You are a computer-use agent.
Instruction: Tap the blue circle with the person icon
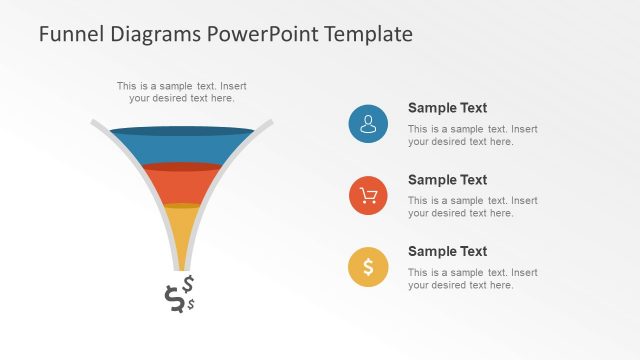[368, 123]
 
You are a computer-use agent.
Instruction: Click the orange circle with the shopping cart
[368, 195]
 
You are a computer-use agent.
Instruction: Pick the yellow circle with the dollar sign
[368, 267]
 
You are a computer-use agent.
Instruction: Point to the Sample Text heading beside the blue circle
[447, 108]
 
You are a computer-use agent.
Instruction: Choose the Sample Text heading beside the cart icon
[447, 180]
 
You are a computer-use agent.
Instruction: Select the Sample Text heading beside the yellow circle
[447, 252]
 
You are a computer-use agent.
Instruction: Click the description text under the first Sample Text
[472, 135]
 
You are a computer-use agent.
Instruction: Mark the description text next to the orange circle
[472, 207]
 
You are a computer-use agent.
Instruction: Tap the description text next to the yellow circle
[472, 279]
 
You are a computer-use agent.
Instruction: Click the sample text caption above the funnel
[181, 92]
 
